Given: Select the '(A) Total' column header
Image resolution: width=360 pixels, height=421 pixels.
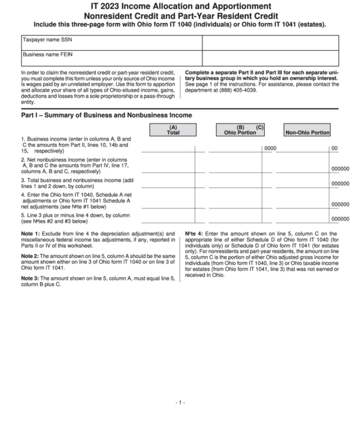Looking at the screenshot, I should (x=173, y=130).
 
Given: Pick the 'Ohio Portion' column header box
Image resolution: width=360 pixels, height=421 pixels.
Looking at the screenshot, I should (x=240, y=130).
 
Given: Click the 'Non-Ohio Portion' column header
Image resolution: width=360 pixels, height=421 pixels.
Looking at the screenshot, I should (x=307, y=132).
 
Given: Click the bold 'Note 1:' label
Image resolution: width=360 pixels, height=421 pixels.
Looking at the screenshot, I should (x=31, y=234).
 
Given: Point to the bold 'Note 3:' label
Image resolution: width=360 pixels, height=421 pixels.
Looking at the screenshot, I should (x=31, y=278).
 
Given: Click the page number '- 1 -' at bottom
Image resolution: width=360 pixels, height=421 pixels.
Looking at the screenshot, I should (x=179, y=402).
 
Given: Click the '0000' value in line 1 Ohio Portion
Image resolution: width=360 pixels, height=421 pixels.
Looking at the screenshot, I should (x=270, y=148).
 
